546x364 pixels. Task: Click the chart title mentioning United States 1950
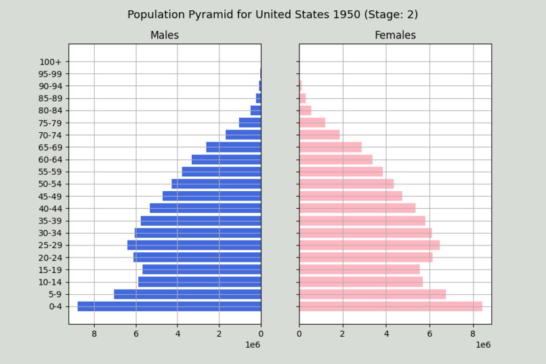273,14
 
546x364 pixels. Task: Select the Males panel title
165,35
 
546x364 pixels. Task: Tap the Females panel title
395,35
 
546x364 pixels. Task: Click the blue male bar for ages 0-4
169,306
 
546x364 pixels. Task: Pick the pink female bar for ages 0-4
390,306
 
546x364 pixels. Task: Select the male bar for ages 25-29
194,245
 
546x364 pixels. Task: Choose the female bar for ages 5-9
373,294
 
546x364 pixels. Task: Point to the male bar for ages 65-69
234,147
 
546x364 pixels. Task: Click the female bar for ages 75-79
312,123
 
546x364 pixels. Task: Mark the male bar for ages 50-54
216,184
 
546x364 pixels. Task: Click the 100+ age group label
51,62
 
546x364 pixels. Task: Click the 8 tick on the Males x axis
94,333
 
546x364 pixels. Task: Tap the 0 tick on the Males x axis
261,333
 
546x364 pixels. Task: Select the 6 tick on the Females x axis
429,333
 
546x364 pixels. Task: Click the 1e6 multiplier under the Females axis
482,345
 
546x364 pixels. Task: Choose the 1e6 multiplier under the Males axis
252,345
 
